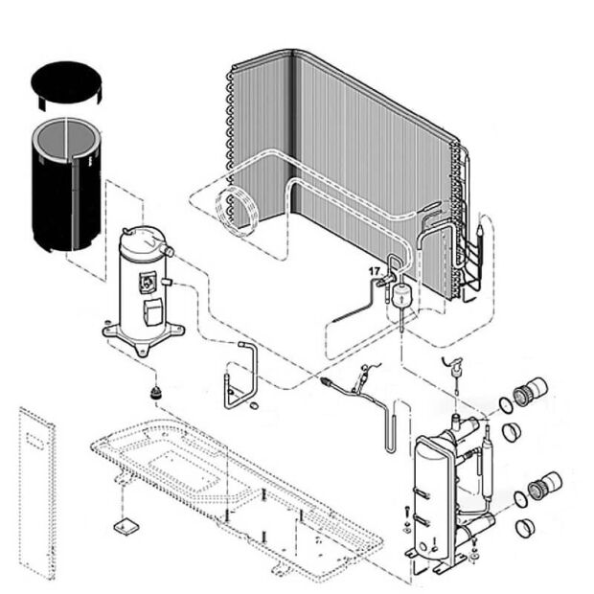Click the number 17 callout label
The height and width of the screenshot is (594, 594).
pos(375,272)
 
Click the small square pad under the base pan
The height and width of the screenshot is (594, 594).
pos(123,525)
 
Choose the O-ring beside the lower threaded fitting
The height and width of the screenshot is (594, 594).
pos(520,498)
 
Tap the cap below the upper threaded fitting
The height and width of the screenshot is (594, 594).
pos(512,431)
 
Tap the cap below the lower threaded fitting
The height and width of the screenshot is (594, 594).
pos(524,528)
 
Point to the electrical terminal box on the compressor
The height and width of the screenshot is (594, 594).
pos(151,311)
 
